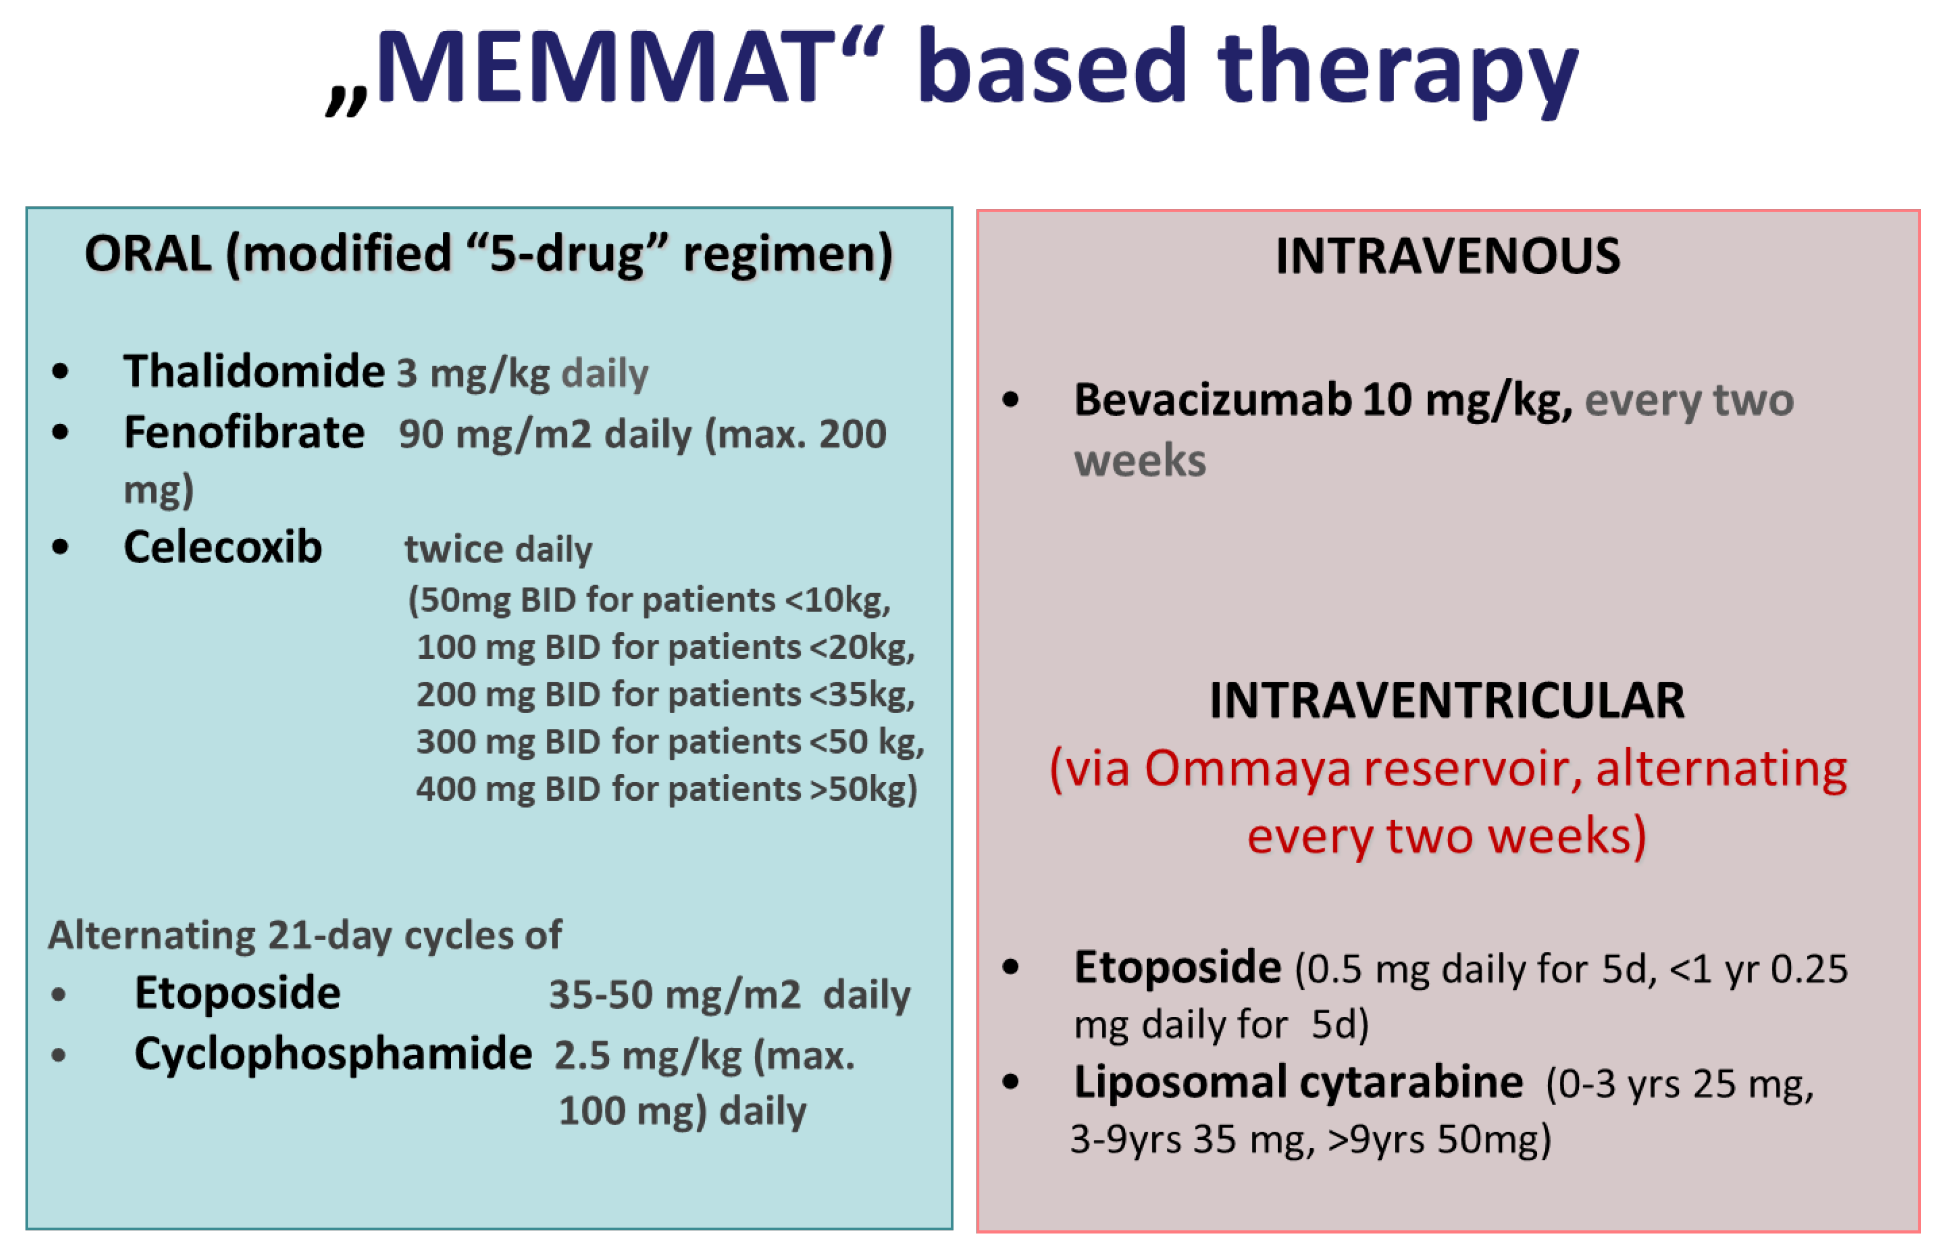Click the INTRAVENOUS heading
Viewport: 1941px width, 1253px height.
(x=1447, y=256)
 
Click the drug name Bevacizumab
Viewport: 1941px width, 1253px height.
(x=1212, y=400)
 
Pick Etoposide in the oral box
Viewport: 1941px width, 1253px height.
(x=238, y=994)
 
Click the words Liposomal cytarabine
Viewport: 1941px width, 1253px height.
(x=1298, y=1083)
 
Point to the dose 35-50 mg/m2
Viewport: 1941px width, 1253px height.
(x=675, y=995)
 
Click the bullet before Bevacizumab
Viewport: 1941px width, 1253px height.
(x=1010, y=400)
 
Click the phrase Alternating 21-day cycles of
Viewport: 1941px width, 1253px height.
(x=305, y=936)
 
